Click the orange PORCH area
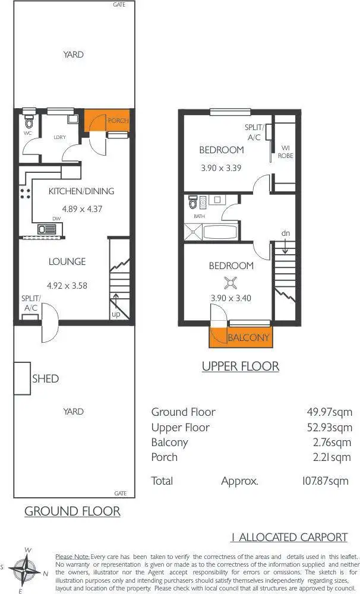(x=96, y=121)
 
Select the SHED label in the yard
(x=45, y=378)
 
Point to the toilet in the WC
(x=29, y=122)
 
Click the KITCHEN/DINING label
(x=81, y=191)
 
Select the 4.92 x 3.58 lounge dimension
(x=67, y=286)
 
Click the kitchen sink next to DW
(x=46, y=229)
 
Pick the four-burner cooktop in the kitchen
(x=26, y=192)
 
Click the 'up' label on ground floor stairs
(x=116, y=314)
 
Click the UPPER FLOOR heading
(x=240, y=366)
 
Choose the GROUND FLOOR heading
(x=72, y=511)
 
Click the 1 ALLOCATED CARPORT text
(x=289, y=537)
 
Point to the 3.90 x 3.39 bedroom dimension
(x=221, y=168)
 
